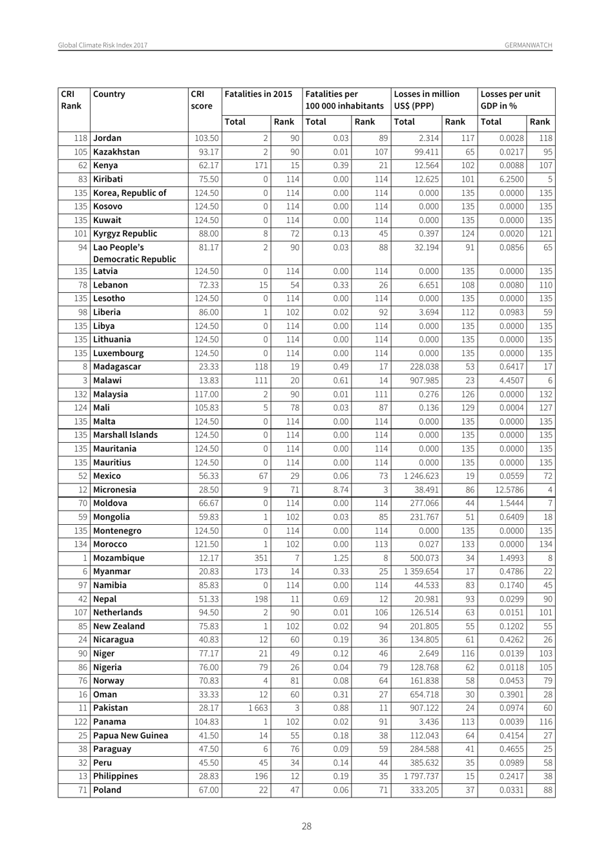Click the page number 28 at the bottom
point(306,826)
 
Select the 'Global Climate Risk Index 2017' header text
point(103,45)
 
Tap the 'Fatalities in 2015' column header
point(258,94)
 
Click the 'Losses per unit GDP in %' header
point(510,100)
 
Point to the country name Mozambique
point(119,558)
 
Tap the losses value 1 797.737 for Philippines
point(420,776)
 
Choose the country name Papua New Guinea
point(131,736)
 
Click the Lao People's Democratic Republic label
point(134,253)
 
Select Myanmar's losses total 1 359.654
point(420,571)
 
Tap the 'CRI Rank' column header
point(71,100)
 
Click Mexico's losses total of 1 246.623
point(420,476)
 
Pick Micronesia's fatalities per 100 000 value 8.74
point(340,490)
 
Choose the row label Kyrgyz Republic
point(125,234)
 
